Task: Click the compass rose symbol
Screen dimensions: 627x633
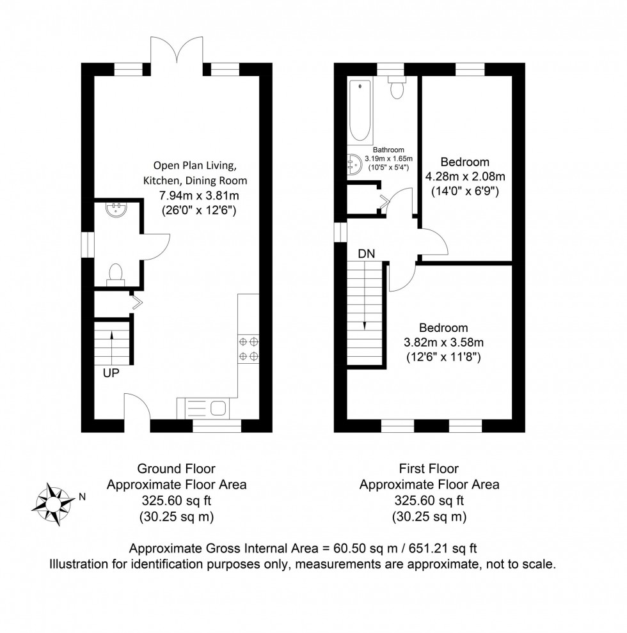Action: (x=53, y=504)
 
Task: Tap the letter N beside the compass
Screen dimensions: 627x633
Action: (x=82, y=497)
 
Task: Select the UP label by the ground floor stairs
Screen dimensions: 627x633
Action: (x=111, y=373)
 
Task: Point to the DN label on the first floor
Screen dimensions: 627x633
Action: (x=367, y=254)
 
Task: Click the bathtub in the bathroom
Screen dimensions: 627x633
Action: (x=360, y=111)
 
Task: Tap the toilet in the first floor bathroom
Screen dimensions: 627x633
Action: (x=397, y=87)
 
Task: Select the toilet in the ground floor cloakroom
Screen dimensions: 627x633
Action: (x=116, y=274)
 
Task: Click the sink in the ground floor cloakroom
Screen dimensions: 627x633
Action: (x=116, y=208)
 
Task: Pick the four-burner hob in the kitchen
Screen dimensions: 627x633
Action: (x=248, y=349)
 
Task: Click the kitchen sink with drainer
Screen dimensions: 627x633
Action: (x=203, y=408)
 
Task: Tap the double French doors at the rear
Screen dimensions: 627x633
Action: (x=177, y=51)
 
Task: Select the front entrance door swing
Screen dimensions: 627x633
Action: (x=137, y=407)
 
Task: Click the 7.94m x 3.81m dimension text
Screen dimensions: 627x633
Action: (x=199, y=196)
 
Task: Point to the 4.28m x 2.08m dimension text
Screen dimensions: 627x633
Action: (x=465, y=176)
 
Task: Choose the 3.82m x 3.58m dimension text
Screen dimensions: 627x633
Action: (x=443, y=342)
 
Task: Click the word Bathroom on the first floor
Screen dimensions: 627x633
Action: (x=388, y=150)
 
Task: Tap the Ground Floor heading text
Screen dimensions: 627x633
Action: (x=176, y=469)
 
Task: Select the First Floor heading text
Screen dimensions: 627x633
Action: (x=429, y=469)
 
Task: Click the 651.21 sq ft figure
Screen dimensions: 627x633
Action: (x=443, y=548)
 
